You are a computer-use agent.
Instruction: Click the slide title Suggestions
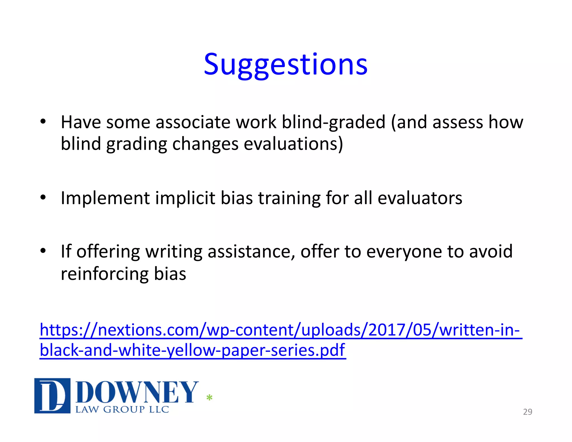[285, 65]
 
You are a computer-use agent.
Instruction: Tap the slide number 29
[527, 412]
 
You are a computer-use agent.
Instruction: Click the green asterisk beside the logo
[209, 398]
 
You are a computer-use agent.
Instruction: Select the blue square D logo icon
[52, 396]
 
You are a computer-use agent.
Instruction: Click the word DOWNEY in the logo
[137, 392]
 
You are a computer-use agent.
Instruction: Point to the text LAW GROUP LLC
[122, 410]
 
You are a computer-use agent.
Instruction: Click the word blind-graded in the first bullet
[333, 122]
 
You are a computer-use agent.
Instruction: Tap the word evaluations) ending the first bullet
[293, 144]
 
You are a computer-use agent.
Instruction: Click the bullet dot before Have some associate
[43, 122]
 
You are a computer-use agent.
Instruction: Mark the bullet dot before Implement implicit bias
[43, 198]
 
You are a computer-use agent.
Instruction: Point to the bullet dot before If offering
[43, 251]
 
